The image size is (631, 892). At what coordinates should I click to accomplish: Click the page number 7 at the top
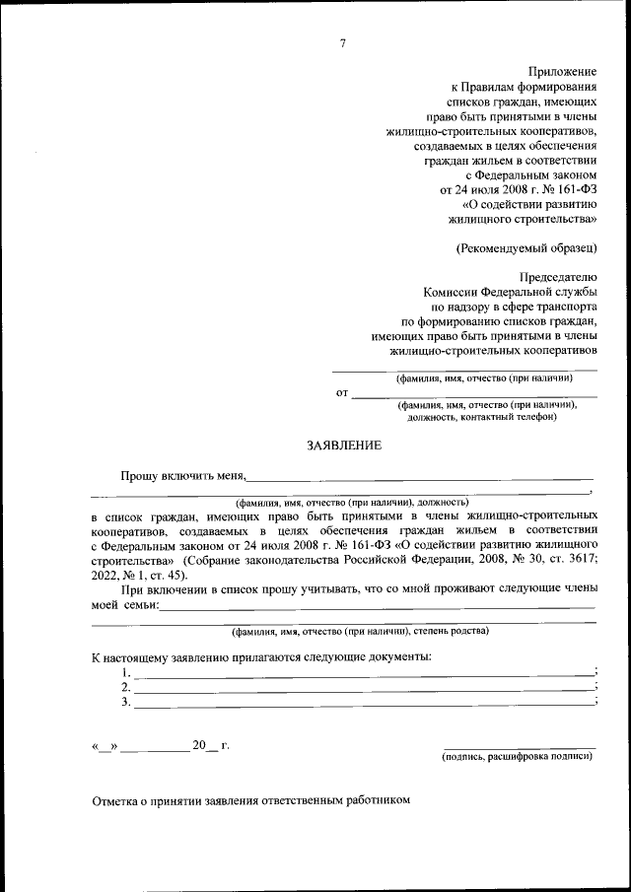341,42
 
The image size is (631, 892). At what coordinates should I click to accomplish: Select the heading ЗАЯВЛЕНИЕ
343,446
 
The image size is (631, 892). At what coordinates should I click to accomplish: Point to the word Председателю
558,276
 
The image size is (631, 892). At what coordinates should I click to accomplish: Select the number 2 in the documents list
126,687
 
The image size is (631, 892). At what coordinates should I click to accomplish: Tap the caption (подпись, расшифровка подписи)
519,756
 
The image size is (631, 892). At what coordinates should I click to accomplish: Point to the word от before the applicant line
343,393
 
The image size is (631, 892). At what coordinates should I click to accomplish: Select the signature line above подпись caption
519,748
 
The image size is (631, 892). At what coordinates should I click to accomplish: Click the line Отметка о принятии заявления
249,801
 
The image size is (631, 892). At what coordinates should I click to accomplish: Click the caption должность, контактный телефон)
482,416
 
